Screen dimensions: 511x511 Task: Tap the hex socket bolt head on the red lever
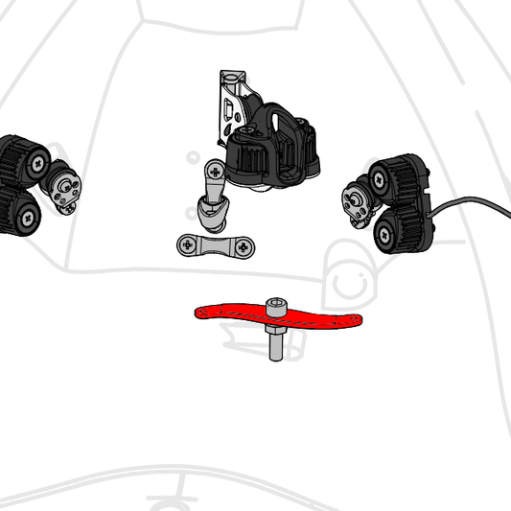pyautogui.click(x=275, y=306)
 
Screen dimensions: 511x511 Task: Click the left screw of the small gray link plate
pyautogui.click(x=188, y=245)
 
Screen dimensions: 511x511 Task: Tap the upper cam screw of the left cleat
pyautogui.click(x=37, y=164)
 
